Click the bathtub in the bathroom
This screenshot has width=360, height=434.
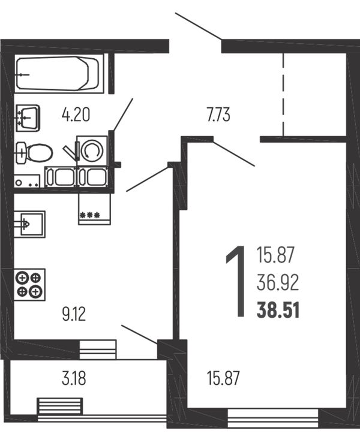[58, 74]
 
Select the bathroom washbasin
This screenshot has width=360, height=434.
[28, 118]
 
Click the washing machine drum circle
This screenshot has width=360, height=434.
[92, 150]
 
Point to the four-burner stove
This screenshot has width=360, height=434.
[29, 285]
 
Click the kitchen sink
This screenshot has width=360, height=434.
[29, 224]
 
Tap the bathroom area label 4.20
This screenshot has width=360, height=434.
[76, 115]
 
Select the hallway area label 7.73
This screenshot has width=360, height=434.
[218, 115]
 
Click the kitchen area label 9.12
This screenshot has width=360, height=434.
[74, 315]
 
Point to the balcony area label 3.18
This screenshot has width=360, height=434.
[74, 378]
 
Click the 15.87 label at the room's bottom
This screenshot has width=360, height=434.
[223, 378]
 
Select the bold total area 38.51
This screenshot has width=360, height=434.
[278, 311]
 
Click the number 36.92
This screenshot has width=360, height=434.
[278, 282]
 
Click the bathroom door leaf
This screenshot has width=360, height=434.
[122, 114]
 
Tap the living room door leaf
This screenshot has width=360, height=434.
[233, 153]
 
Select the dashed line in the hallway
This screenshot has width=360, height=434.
[283, 94]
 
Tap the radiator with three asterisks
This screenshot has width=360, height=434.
[95, 209]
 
